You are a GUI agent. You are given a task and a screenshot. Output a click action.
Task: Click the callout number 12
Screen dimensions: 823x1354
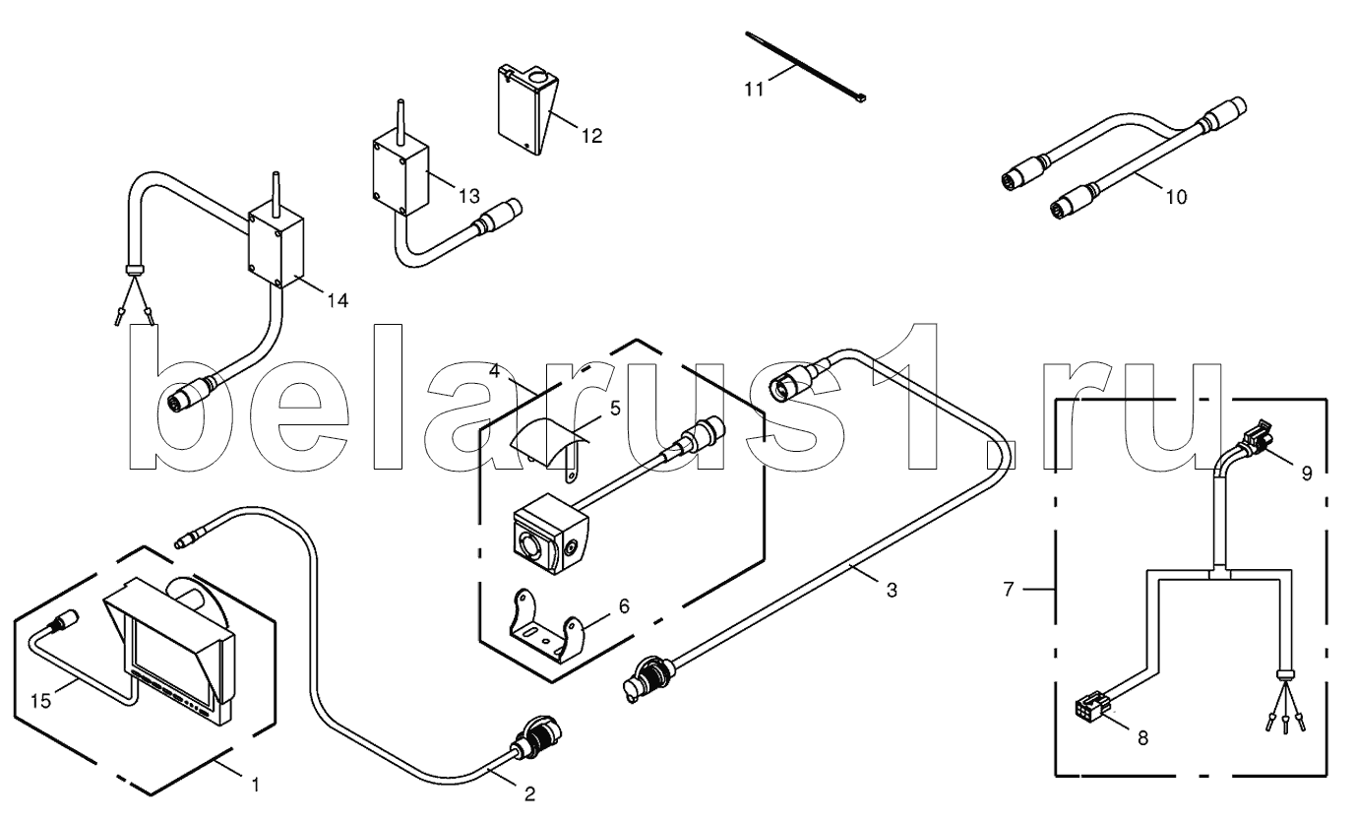tap(590, 136)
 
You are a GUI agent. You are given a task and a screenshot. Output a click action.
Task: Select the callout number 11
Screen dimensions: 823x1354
tap(753, 90)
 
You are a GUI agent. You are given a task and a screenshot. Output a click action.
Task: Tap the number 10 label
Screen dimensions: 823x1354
tap(1175, 197)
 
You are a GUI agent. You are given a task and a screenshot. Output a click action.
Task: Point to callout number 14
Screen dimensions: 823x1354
tap(337, 299)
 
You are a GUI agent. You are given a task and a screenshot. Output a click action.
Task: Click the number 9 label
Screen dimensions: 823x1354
tap(1306, 474)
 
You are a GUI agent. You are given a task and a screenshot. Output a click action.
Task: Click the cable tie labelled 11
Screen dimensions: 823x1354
tap(807, 67)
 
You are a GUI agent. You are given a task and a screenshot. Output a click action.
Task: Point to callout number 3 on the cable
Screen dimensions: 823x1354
tap(891, 591)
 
